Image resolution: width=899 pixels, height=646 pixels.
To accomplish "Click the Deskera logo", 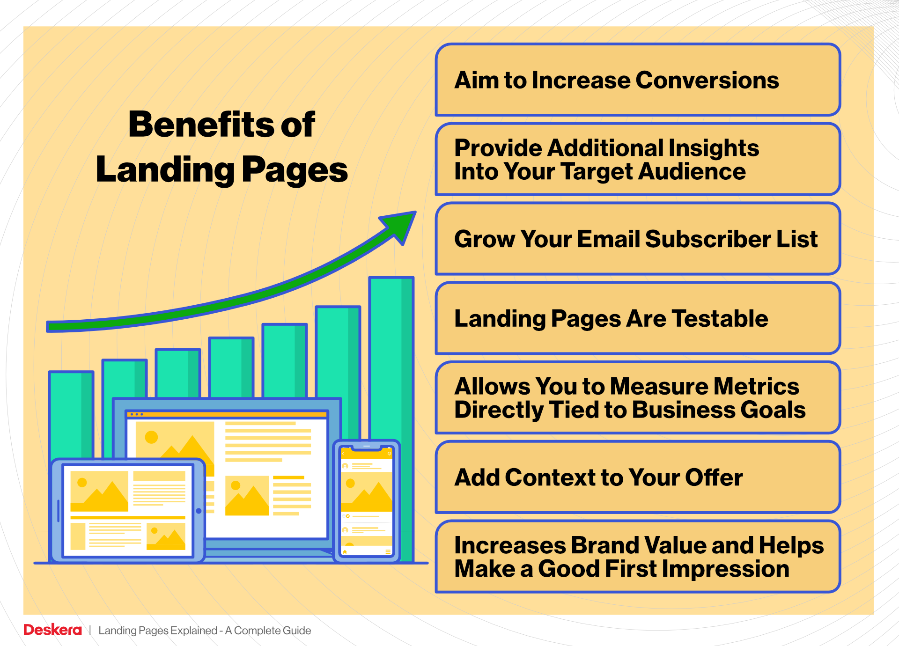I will (52, 630).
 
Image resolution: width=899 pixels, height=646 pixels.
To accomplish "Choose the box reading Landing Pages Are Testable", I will (638, 318).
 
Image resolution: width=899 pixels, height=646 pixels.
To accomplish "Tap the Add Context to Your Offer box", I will (638, 477).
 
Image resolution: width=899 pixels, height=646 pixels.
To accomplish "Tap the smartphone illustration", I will (366, 501).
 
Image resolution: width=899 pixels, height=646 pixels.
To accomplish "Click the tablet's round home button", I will (199, 511).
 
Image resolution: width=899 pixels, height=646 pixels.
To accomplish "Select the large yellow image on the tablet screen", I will (99, 491).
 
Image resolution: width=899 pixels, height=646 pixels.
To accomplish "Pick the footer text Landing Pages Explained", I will (157, 631).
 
